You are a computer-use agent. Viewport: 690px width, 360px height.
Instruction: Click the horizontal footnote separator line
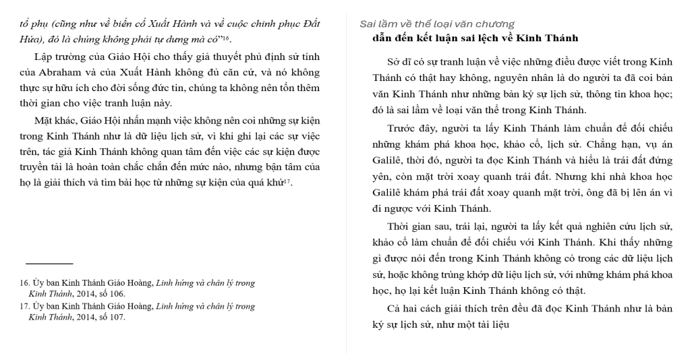tap(49, 264)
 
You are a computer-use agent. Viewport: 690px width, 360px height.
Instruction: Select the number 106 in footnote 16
tap(117, 294)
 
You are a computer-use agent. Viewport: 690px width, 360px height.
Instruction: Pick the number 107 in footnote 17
tap(117, 318)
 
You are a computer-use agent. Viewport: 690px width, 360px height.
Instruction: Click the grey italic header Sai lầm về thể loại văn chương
tap(437, 24)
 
